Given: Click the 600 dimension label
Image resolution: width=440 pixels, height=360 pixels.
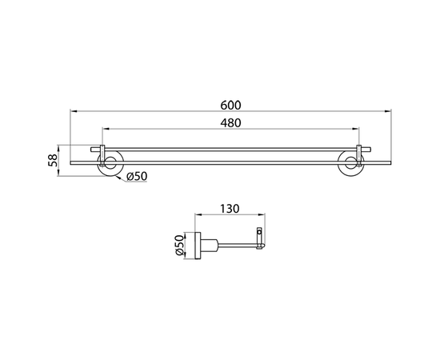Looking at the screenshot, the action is click(230, 106).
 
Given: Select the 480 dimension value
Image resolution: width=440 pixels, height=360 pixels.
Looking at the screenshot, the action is click(230, 123).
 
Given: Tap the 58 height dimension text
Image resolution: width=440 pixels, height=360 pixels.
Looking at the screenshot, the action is click(53, 161).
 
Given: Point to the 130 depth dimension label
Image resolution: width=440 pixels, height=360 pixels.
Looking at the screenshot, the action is click(230, 209).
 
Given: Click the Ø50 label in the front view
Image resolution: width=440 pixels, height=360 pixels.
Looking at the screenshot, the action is click(137, 176).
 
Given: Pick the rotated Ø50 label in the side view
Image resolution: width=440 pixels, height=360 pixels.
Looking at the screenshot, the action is click(179, 246).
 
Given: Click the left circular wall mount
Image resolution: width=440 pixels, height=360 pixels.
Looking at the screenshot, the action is click(110, 163).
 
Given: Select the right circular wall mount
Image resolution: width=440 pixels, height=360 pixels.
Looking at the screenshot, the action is click(350, 163).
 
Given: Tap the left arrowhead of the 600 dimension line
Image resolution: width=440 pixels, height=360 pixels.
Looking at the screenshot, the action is click(74, 111).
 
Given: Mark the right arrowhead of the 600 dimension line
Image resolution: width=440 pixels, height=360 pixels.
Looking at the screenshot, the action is click(388, 111).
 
